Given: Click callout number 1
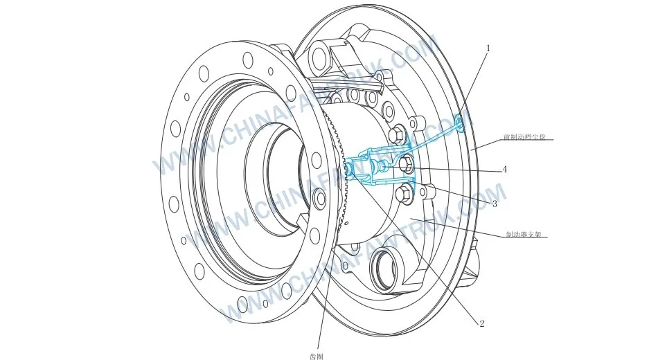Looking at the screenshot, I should click(x=488, y=48).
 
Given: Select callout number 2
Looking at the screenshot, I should click(x=481, y=323).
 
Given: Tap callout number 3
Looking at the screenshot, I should click(x=494, y=204).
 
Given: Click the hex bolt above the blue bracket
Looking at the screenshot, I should click(x=397, y=133).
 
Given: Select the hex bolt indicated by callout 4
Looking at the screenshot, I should click(x=407, y=165).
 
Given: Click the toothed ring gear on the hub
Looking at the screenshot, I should click(x=339, y=201).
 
